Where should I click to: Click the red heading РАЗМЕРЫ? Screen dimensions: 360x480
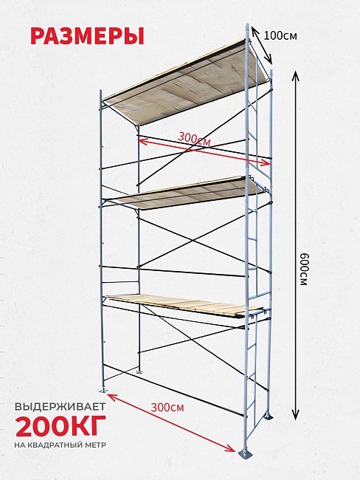pyautogui.click(x=87, y=36)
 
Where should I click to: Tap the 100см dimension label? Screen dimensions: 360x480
pyautogui.click(x=280, y=36)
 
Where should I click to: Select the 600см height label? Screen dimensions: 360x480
pyautogui.click(x=302, y=269)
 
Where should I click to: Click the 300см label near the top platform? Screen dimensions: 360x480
pyautogui.click(x=194, y=139)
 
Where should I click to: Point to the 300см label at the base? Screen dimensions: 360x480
pyautogui.click(x=167, y=408)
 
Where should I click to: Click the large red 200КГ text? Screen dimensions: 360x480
pyautogui.click(x=61, y=426)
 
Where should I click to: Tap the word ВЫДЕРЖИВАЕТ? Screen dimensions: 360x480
pyautogui.click(x=60, y=407)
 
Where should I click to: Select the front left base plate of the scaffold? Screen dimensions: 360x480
pyautogui.click(x=103, y=391)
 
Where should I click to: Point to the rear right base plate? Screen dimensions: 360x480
pyautogui.click(x=269, y=417)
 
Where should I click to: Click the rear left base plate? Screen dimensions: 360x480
pyautogui.click(x=139, y=372)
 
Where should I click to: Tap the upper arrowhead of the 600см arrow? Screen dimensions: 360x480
pyautogui.click(x=295, y=75)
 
